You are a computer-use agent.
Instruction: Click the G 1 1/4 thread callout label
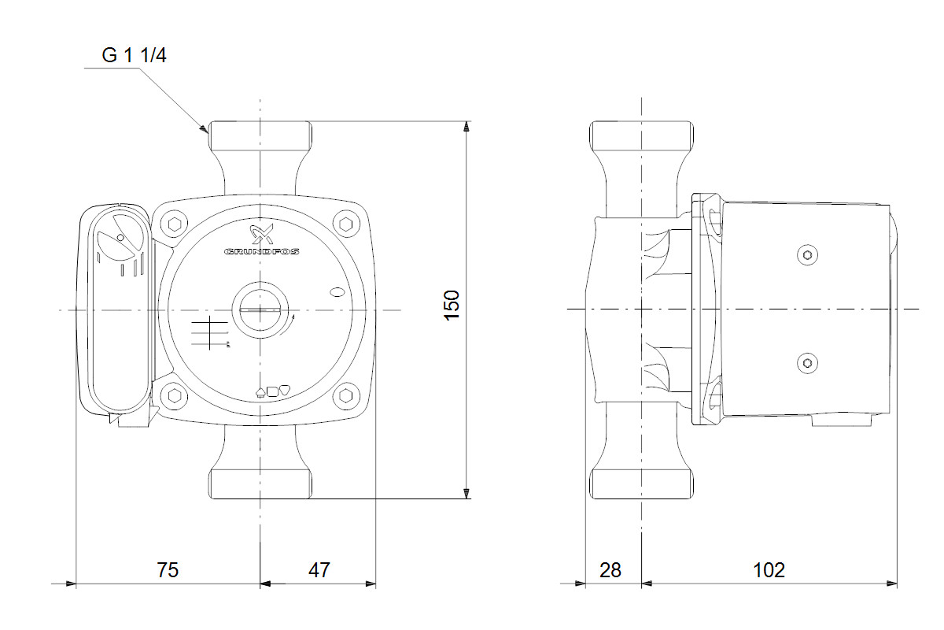(135, 56)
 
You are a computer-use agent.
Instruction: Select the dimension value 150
(451, 306)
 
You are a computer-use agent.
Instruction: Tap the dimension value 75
(167, 569)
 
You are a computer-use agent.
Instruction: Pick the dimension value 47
(319, 569)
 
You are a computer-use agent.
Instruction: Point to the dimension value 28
(610, 569)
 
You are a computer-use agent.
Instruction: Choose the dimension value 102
(769, 569)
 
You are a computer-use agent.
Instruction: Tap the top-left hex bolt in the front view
(174, 224)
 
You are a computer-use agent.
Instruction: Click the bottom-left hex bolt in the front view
(174, 395)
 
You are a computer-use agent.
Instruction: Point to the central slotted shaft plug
(259, 309)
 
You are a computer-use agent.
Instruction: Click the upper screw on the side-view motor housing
(806, 255)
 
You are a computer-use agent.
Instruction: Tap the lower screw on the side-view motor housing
(806, 363)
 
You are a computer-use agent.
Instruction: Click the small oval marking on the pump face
(338, 293)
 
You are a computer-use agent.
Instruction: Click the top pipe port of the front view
(260, 136)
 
